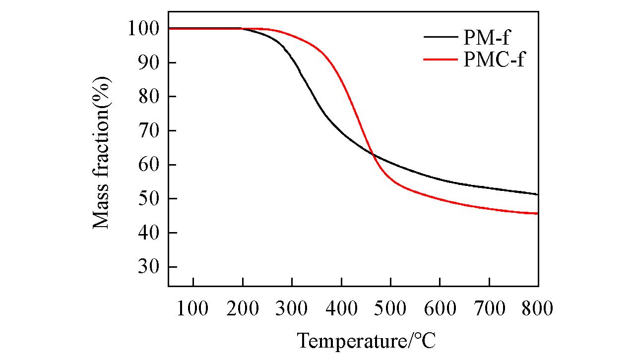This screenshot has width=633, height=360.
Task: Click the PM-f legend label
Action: tap(486, 38)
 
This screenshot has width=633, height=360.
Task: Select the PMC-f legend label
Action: tap(494, 60)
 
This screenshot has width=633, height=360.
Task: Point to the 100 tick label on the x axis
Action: tap(193, 308)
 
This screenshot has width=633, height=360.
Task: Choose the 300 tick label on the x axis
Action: tap(292, 308)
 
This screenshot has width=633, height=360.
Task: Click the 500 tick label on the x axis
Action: tap(390, 308)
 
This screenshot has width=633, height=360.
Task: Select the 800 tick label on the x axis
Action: tap(537, 308)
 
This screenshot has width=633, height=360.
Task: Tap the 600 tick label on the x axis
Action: tap(440, 308)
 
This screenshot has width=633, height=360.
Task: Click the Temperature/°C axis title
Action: tap(367, 341)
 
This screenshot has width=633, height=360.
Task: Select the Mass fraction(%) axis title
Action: tap(102, 152)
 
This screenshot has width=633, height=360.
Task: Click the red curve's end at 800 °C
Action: tap(538, 214)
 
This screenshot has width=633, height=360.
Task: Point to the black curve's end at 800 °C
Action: tap(538, 194)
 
